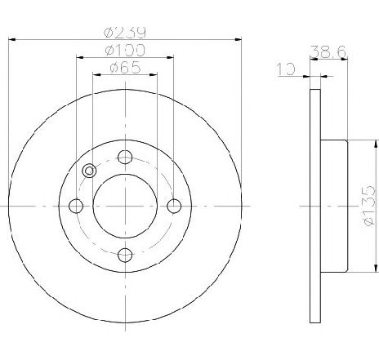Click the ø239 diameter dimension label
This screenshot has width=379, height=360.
tap(125, 33)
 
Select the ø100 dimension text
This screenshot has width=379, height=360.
tap(125, 51)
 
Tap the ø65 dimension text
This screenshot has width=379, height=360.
tap(125, 68)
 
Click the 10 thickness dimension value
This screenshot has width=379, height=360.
tap(286, 69)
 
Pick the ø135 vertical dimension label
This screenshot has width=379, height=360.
tap(369, 206)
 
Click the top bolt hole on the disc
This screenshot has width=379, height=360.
tap(125, 157)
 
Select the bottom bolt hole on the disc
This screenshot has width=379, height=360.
tap(125, 255)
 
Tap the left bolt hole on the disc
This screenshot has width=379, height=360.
tap(76, 206)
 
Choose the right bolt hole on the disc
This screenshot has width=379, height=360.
tap(174, 206)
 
